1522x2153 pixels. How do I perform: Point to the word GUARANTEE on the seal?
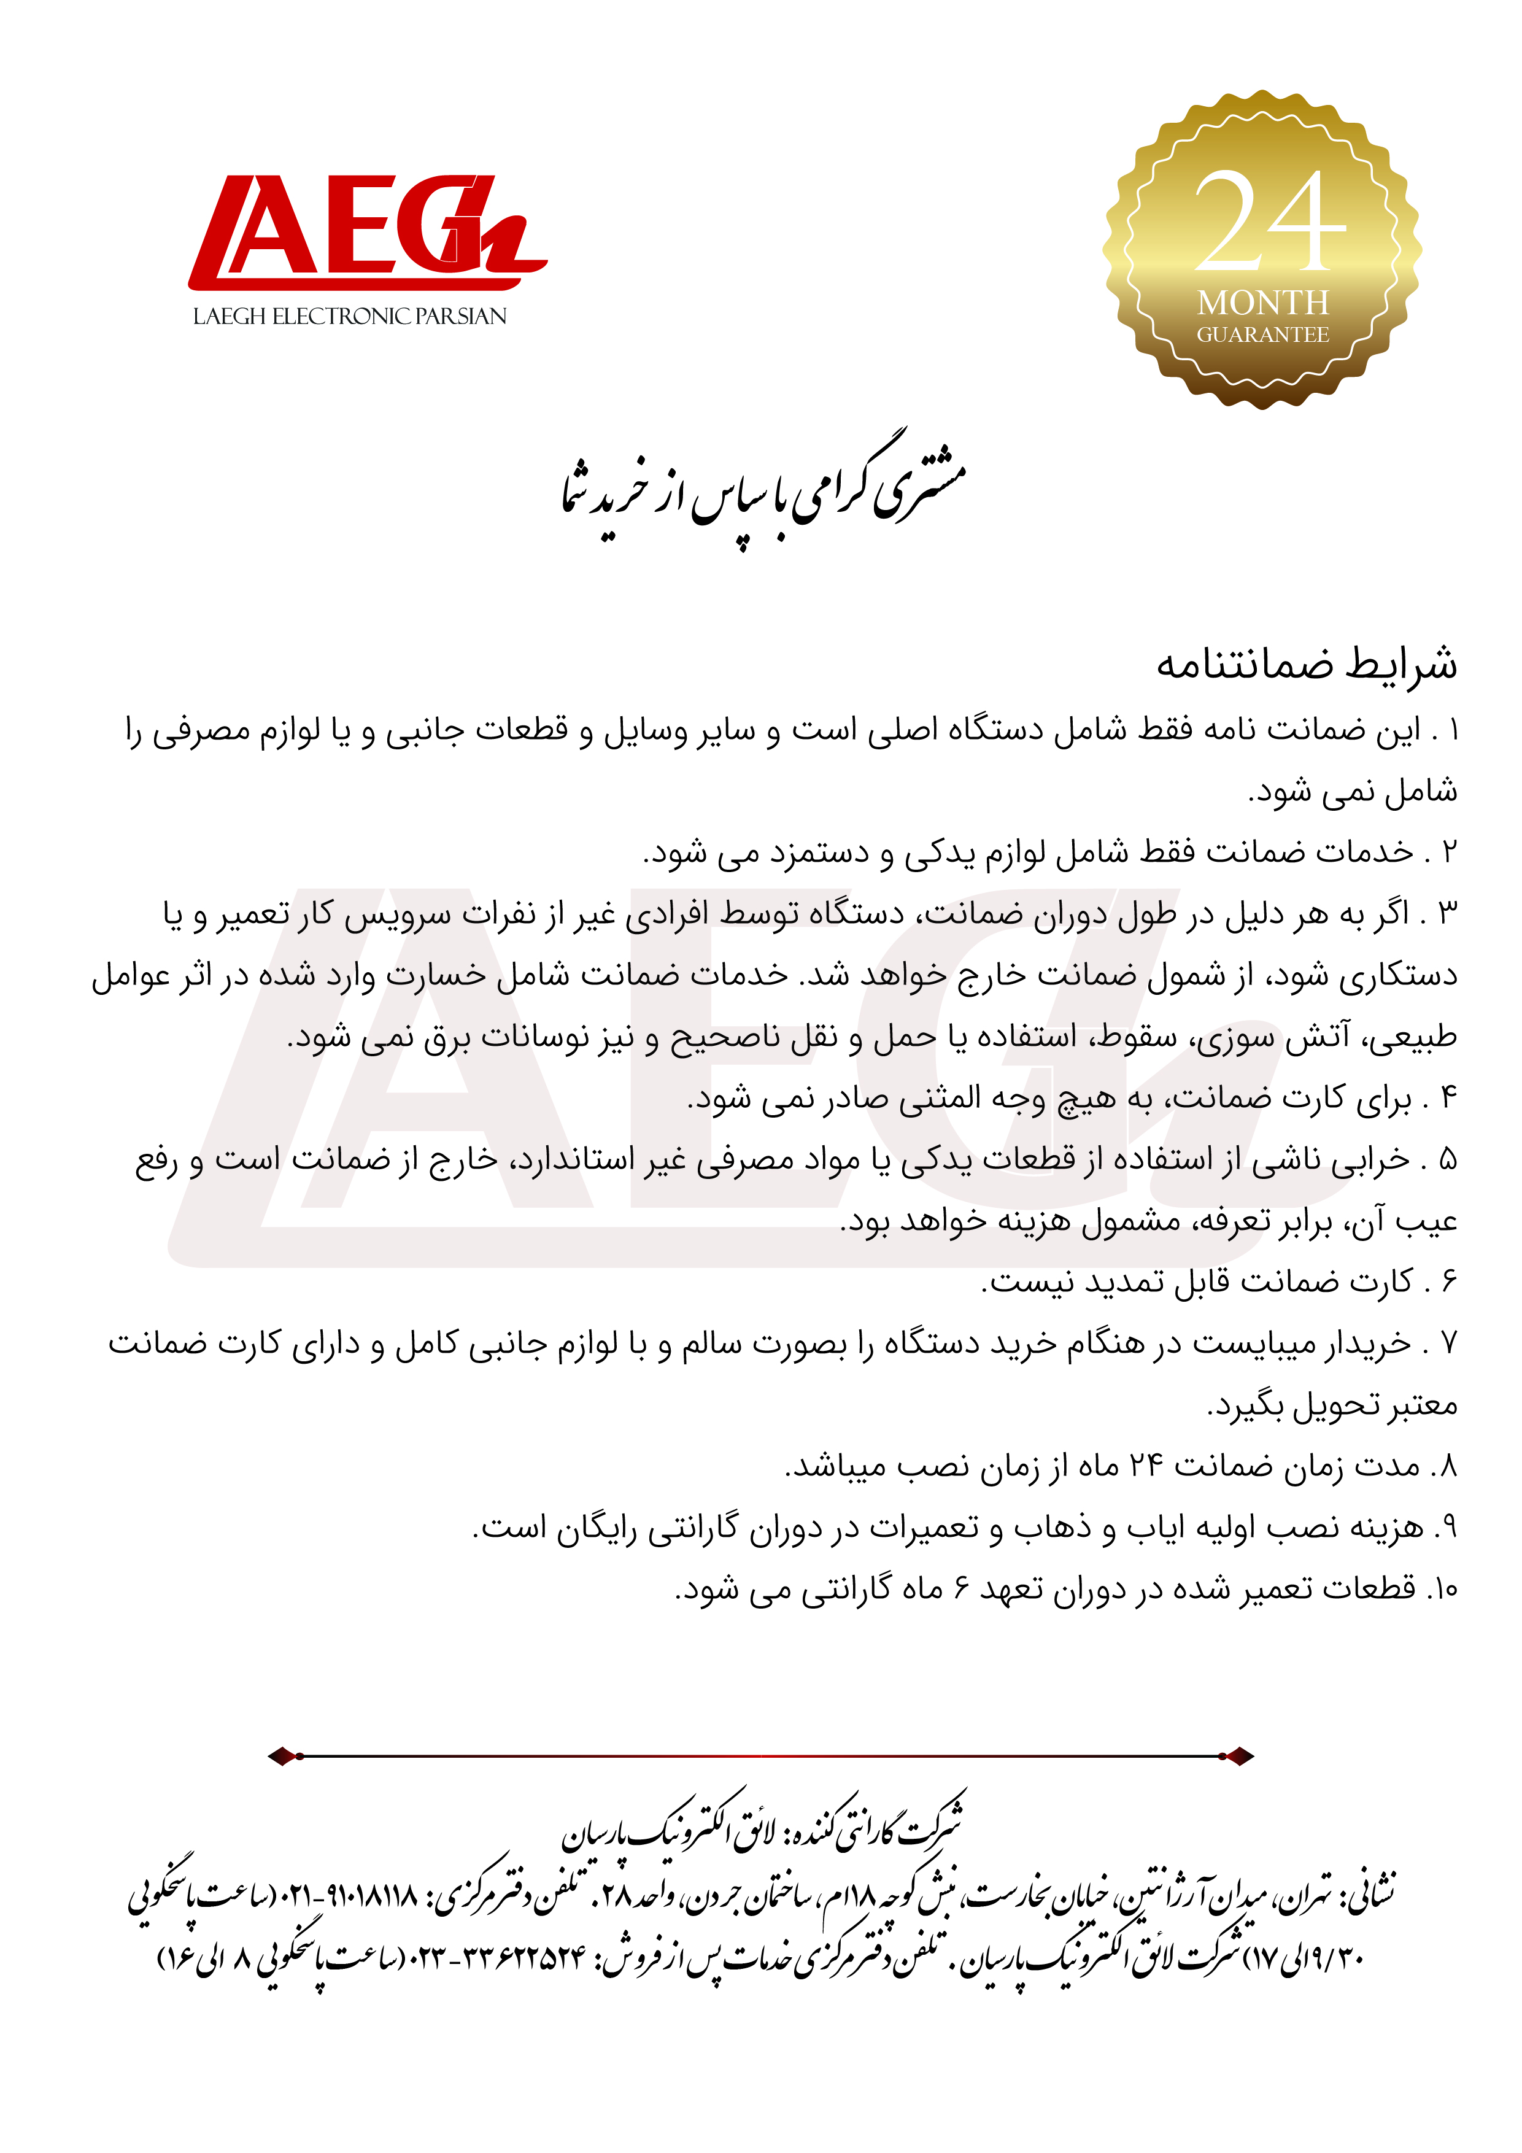point(1262,334)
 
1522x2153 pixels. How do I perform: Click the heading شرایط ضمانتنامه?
point(1307,664)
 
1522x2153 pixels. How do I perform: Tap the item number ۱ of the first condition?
point(1451,730)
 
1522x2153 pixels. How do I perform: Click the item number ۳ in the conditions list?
point(1449,913)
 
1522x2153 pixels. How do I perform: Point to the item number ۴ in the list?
point(1450,1097)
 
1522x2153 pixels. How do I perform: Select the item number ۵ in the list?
point(1449,1160)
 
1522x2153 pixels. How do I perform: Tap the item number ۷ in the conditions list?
point(1450,1343)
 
